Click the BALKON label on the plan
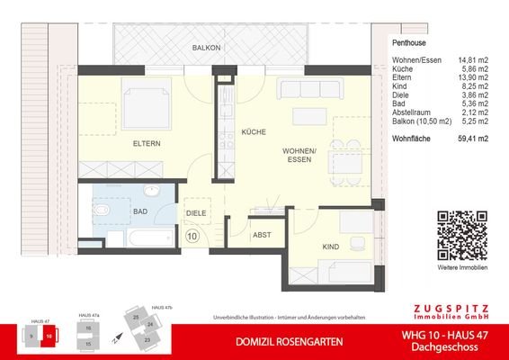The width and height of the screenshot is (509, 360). click(206, 47)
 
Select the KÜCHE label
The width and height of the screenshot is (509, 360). click(254, 133)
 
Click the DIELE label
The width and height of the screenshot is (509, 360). click(195, 213)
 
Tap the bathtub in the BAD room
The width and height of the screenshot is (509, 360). click(141, 239)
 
